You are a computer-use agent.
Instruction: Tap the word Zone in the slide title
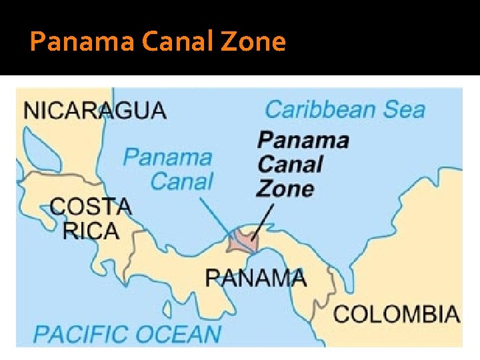pos(255,43)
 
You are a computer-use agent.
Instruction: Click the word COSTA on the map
pos(91,206)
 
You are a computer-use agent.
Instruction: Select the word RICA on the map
pos(91,231)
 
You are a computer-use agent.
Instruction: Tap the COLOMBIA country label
pos(397,313)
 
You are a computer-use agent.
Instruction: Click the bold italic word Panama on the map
pos(303,140)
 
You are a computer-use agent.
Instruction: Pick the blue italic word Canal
pos(182,181)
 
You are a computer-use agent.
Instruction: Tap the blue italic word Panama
pos(167,157)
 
